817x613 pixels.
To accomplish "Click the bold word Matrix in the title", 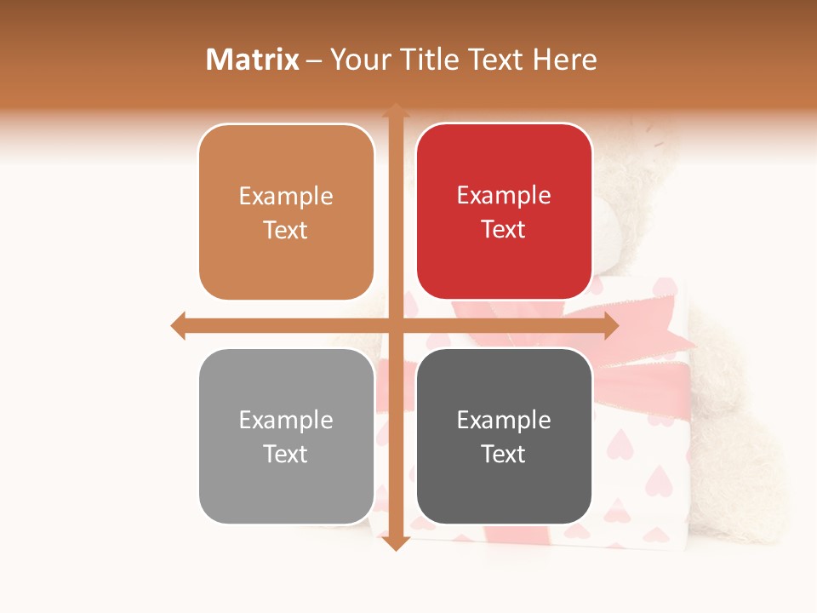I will tap(253, 60).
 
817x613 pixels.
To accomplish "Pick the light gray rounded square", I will tap(286, 485).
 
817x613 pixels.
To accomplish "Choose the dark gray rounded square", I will tap(504, 485).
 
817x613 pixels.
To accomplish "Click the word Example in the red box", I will tap(504, 196).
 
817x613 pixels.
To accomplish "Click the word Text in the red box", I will tap(504, 230).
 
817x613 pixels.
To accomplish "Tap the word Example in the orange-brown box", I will tap(286, 197).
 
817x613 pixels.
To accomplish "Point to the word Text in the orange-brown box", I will tap(286, 231).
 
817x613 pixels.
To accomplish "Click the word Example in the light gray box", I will tap(286, 421).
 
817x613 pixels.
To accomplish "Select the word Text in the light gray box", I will tap(286, 455).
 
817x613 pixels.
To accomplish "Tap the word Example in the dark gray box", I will tap(504, 421).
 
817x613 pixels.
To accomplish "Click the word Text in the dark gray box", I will tap(504, 455).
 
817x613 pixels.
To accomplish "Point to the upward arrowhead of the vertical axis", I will tap(395, 111).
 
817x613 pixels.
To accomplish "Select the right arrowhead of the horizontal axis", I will tap(610, 326).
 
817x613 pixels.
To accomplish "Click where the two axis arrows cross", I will tap(395, 326).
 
